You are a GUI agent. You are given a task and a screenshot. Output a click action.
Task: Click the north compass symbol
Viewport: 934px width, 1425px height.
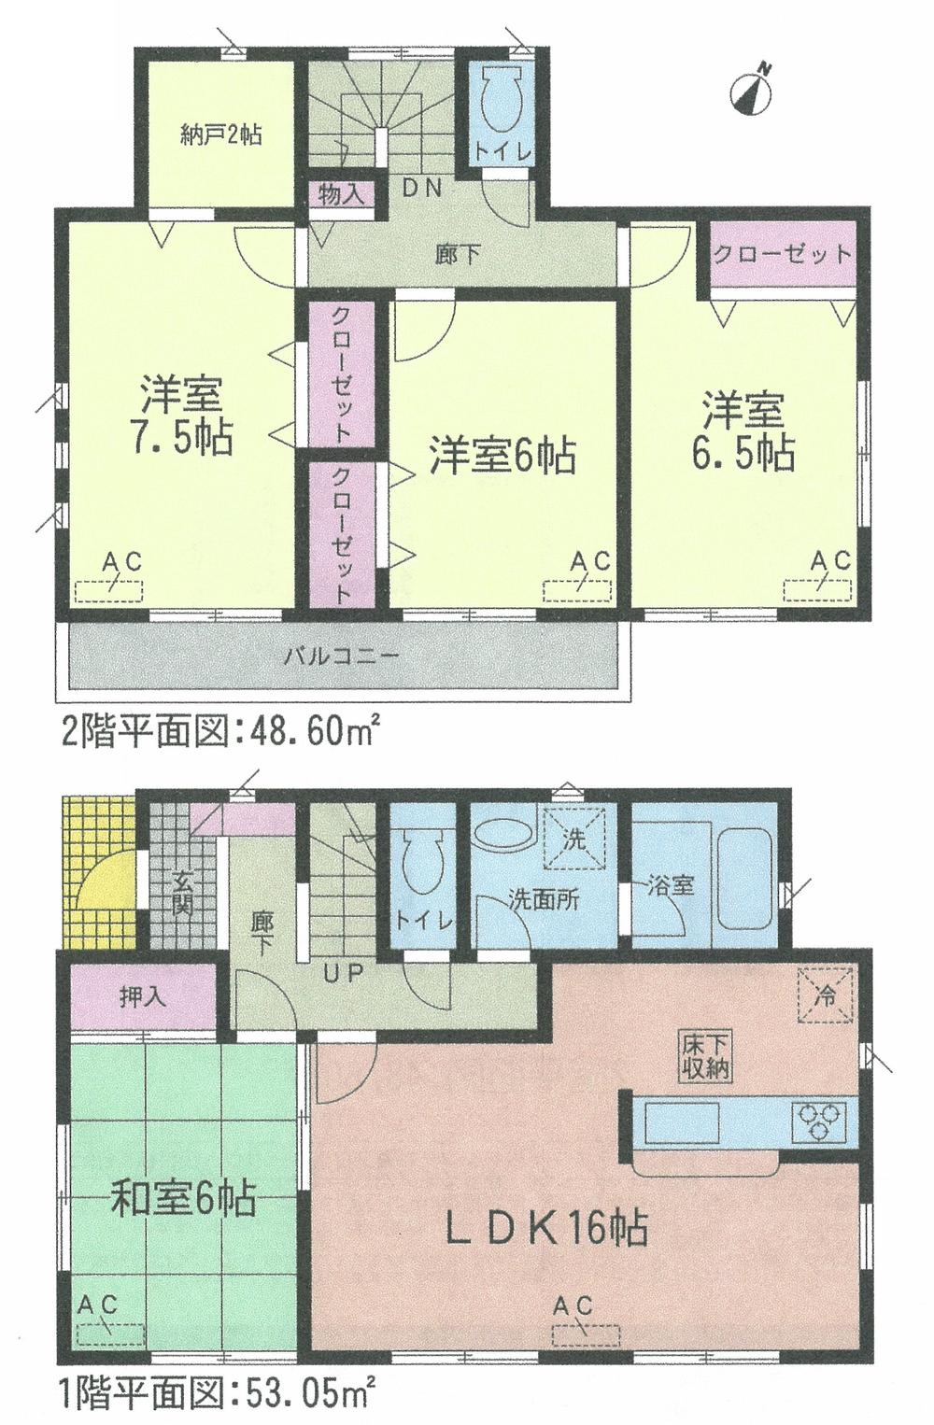click(754, 88)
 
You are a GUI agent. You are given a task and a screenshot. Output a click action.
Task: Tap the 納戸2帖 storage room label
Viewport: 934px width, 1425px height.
click(220, 136)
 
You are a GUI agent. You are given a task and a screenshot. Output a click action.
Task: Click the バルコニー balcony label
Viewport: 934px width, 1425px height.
click(341, 656)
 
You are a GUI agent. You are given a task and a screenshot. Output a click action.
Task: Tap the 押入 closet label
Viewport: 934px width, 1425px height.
click(144, 996)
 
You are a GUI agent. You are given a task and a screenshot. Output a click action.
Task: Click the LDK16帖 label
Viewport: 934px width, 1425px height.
click(545, 1227)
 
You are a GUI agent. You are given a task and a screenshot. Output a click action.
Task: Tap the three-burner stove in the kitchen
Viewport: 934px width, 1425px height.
click(819, 1119)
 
